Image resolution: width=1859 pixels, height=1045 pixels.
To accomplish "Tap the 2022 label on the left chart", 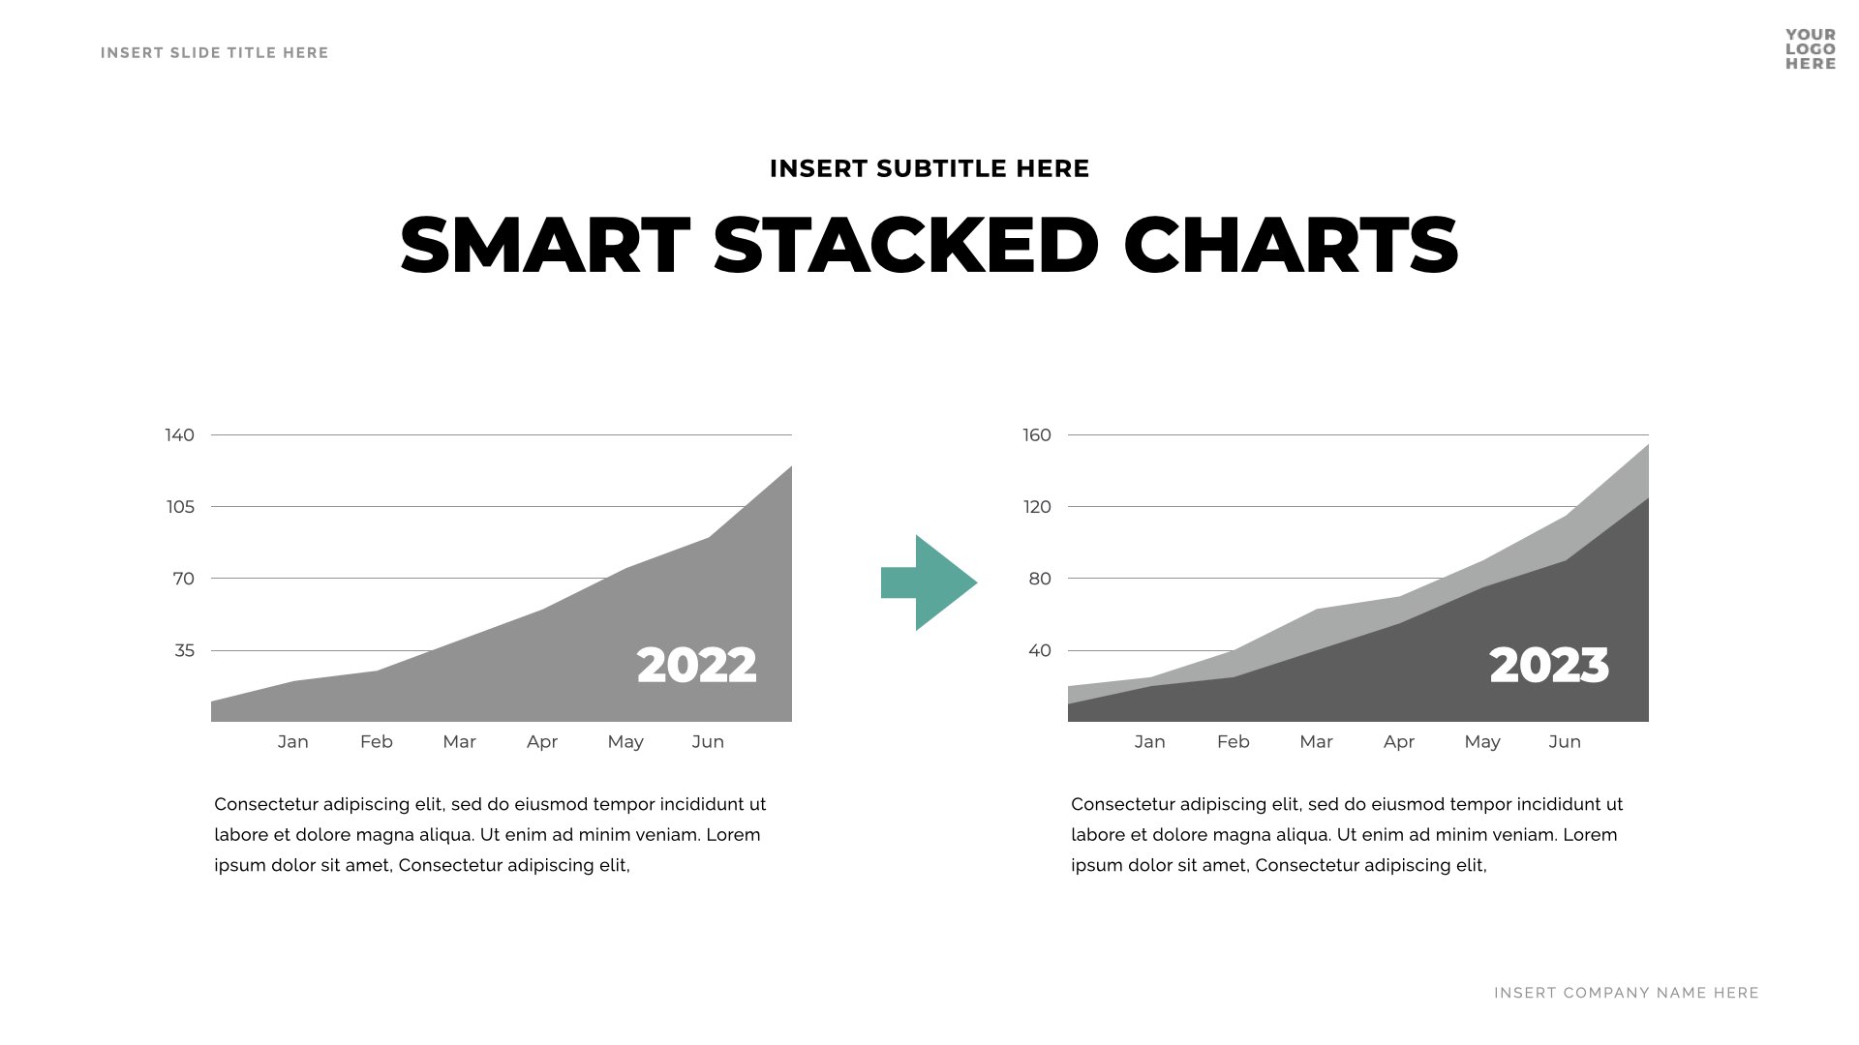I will tap(696, 666).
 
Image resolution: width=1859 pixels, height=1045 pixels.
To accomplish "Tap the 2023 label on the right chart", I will tap(1548, 666).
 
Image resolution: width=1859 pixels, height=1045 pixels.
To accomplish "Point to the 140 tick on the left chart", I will tap(179, 435).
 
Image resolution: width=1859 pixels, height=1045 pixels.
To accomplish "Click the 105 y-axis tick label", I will tap(180, 507).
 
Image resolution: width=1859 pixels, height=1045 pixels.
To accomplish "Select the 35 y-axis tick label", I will tap(184, 651).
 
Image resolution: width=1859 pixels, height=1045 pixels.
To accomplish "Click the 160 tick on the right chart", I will tap(1036, 435).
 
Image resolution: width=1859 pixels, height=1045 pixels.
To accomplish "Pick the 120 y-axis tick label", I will tap(1036, 507).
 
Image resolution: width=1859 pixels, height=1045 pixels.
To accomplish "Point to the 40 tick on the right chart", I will tap(1039, 651).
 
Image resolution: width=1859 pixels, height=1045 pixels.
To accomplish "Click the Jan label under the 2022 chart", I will tap(292, 742).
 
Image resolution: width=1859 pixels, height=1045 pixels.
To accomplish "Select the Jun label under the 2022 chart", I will tap(708, 742).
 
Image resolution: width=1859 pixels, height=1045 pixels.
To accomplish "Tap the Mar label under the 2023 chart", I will tap(1316, 742).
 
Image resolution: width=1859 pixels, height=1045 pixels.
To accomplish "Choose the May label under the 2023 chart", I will tap(1481, 742).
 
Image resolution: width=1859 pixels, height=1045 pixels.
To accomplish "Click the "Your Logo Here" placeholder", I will tap(1811, 49).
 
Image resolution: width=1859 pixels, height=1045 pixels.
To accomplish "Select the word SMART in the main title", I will tap(545, 246).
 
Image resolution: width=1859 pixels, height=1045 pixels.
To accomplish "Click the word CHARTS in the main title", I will tap(1291, 246).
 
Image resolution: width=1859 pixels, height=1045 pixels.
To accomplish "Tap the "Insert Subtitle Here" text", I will tap(929, 169).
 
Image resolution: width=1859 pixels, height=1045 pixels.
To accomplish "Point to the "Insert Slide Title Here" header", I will tap(214, 53).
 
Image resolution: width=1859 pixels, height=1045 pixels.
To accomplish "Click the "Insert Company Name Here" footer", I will tap(1626, 993).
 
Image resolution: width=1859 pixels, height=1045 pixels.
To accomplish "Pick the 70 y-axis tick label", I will tap(183, 580).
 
